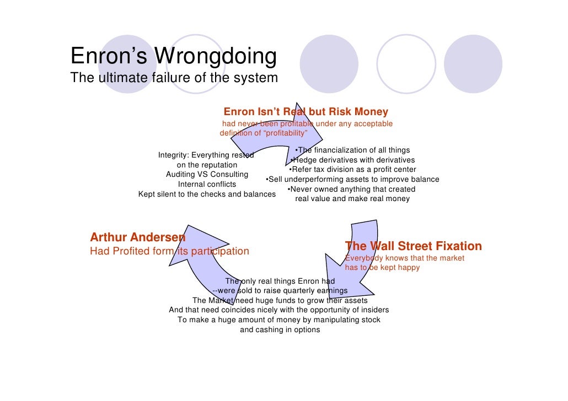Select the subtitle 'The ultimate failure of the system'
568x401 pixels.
[x=174, y=78]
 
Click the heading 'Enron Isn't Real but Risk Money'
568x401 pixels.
[x=306, y=112]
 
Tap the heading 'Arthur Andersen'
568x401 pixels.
[x=137, y=238]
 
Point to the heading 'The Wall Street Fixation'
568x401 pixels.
[x=413, y=246]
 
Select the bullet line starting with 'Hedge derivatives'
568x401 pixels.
[x=352, y=160]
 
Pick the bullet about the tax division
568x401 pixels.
[x=352, y=169]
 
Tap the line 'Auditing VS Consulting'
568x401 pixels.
[x=207, y=174]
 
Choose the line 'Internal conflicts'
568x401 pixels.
[x=207, y=184]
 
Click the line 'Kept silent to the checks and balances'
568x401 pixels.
[x=207, y=194]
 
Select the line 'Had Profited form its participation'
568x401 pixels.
[x=169, y=251]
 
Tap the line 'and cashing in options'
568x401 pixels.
[x=280, y=329]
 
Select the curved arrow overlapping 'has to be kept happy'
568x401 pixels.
[x=353, y=259]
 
